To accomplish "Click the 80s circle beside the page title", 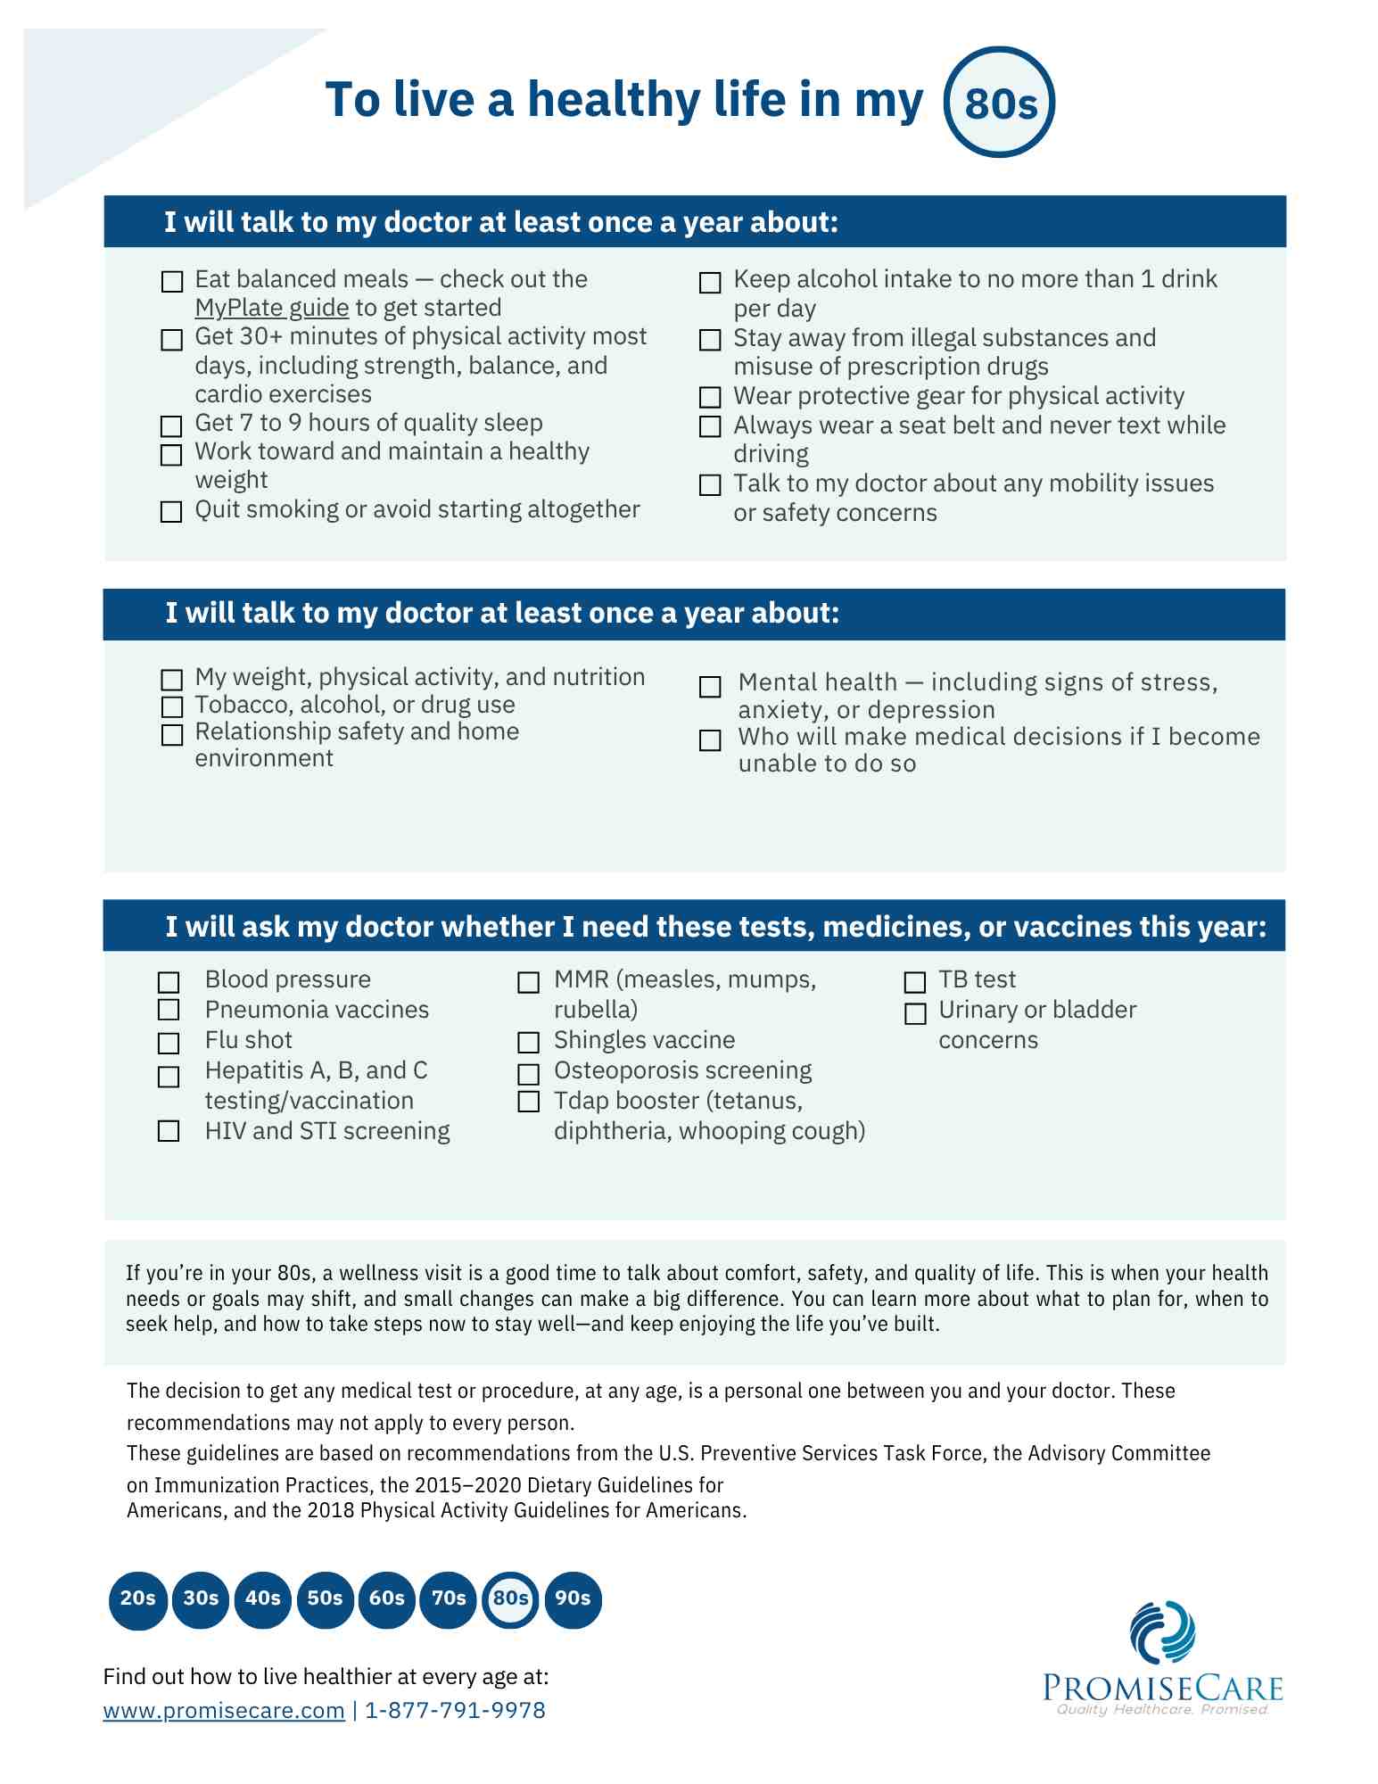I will tap(999, 103).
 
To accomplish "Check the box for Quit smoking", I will tap(171, 512).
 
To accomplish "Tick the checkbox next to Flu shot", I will tap(169, 1043).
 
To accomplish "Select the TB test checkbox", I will tap(915, 982).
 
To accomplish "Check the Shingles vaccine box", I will tap(529, 1043).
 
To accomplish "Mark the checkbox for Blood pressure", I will tap(169, 982).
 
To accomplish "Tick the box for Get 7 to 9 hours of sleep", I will tap(171, 425).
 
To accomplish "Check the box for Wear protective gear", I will tap(710, 397).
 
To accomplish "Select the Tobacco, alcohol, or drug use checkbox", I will tap(172, 707).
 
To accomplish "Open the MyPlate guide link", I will tap(272, 308).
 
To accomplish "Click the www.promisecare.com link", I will tap(224, 1710).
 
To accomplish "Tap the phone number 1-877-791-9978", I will tap(455, 1710).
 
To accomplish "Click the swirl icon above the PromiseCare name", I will tap(1162, 1632).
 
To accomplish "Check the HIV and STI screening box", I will tap(169, 1131).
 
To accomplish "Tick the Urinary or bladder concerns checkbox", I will tap(915, 1014).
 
